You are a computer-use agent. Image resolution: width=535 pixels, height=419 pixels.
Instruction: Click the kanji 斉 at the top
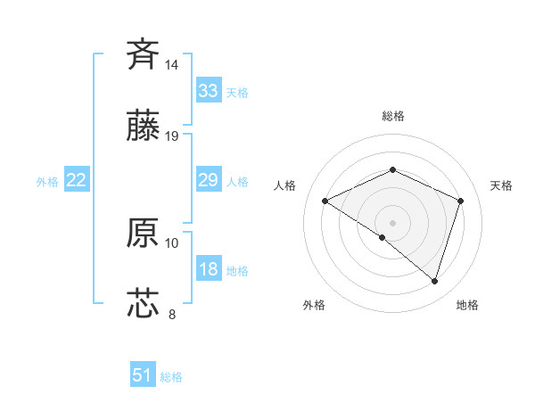point(144,54)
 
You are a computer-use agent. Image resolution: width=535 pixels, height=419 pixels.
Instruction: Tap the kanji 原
point(144,234)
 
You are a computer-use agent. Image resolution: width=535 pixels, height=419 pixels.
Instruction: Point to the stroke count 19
point(172,136)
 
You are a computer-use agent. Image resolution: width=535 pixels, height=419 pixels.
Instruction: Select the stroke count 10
point(172,242)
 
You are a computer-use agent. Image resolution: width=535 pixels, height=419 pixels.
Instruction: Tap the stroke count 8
point(172,314)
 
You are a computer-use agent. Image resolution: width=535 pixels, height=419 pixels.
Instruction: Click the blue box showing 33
point(208,90)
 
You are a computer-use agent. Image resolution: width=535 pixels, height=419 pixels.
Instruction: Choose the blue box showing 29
point(208,180)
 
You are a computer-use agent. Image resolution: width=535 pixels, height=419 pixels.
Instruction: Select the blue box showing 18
point(208,269)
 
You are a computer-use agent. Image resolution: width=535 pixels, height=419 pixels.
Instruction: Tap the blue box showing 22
point(77,180)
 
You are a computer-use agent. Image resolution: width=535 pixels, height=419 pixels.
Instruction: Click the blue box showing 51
point(143,375)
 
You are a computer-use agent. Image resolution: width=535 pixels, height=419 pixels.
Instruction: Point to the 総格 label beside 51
point(171,377)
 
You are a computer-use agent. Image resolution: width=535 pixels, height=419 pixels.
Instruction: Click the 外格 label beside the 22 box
point(47,182)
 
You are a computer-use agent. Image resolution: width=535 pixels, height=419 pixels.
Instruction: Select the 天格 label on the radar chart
point(502,185)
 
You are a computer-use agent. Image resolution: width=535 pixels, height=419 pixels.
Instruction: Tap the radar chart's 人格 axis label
point(285,185)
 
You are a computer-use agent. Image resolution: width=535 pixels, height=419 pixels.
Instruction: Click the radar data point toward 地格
point(434,281)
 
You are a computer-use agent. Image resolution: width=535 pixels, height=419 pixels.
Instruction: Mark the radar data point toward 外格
point(382,238)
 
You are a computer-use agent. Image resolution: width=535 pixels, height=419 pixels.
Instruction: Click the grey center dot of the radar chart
point(392,222)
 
